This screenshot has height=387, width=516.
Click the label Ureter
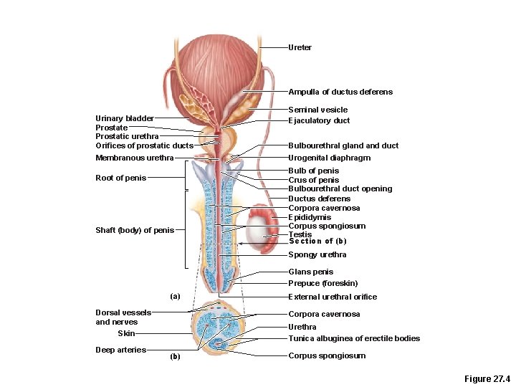pos(300,47)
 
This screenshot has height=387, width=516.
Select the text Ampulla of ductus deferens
pos(340,92)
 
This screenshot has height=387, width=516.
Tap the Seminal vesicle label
pos(317,110)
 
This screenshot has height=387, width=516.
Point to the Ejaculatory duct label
pos(319,120)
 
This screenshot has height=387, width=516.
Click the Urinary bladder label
pos(125,118)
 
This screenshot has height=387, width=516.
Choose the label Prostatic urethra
pos(127,136)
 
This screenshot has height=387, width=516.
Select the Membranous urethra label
pos(134,158)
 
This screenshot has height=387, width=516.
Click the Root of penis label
pos(121,178)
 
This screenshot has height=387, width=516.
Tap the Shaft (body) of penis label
pos(134,230)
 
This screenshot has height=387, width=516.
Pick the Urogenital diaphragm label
pos(329,158)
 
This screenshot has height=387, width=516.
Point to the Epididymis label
pos(310,217)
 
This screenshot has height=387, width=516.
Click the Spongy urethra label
pos(317,254)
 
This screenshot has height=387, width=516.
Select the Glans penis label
pos(310,272)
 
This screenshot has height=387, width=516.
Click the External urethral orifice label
pos(332,297)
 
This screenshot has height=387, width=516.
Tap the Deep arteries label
pos(120,350)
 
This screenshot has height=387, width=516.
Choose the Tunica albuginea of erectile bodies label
pos(354,338)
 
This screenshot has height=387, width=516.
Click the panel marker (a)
pos(175,296)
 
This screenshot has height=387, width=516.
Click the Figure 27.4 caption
pos(487,378)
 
